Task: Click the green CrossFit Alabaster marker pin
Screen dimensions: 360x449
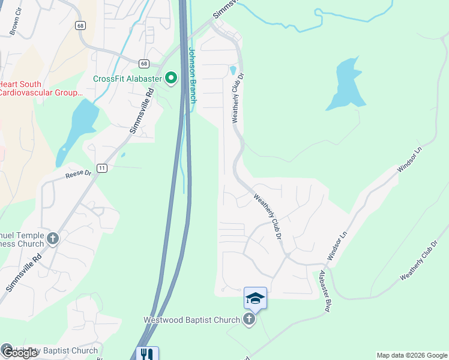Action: pyautogui.click(x=171, y=78)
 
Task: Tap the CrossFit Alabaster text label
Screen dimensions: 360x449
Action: pyautogui.click(x=128, y=79)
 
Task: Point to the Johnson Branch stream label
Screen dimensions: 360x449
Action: pyautogui.click(x=193, y=75)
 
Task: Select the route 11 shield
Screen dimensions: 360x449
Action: pyautogui.click(x=103, y=168)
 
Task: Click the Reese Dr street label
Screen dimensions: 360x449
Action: pyautogui.click(x=78, y=175)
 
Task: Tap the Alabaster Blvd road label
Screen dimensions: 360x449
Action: pyautogui.click(x=325, y=290)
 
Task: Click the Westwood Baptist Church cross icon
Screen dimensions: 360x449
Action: pyautogui.click(x=249, y=320)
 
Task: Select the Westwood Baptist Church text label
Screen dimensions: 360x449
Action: pyautogui.click(x=191, y=320)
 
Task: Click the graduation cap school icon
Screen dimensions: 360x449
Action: pyautogui.click(x=255, y=298)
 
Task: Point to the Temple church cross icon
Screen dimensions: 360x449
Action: pyautogui.click(x=53, y=239)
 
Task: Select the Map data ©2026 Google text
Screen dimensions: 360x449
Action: pyautogui.click(x=411, y=355)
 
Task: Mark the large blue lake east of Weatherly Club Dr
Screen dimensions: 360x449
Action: pyautogui.click(x=345, y=84)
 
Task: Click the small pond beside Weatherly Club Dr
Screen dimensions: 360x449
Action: pyautogui.click(x=232, y=70)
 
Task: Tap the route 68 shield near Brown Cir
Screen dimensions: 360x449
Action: pyautogui.click(x=80, y=25)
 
